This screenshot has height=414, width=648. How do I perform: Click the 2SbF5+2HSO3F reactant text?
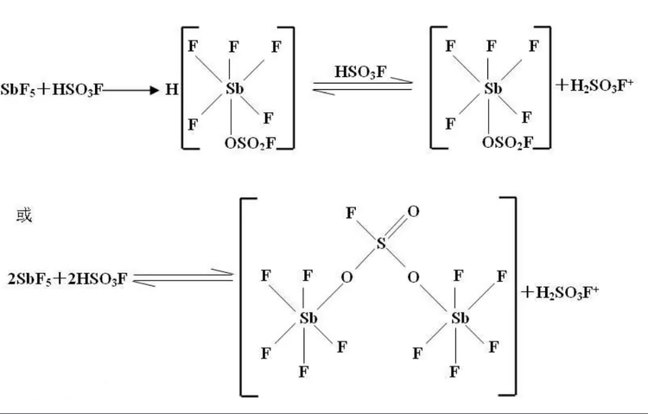[x=67, y=279]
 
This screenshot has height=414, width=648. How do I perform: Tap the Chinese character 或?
[x=23, y=215]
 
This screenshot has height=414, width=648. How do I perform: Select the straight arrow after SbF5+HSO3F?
[x=130, y=89]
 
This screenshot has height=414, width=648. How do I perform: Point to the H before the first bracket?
[x=171, y=88]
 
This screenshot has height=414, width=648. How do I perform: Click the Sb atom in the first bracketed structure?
[x=234, y=88]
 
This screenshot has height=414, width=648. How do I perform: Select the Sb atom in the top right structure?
[x=492, y=88]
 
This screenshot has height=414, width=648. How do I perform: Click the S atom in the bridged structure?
[x=380, y=245]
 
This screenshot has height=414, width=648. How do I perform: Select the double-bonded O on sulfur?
[x=414, y=210]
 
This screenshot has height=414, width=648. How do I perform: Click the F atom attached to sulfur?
[x=349, y=210]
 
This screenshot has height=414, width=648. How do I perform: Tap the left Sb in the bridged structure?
[x=308, y=318]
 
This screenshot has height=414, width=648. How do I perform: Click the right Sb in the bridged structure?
[x=460, y=318]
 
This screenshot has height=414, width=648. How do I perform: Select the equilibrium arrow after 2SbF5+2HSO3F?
[x=182, y=278]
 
